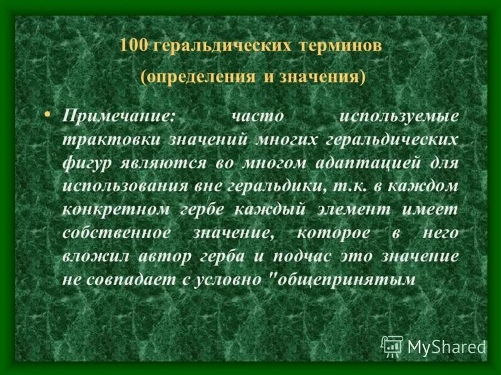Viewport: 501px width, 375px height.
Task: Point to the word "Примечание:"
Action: (x=120, y=116)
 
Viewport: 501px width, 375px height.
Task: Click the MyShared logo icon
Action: (x=392, y=346)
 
